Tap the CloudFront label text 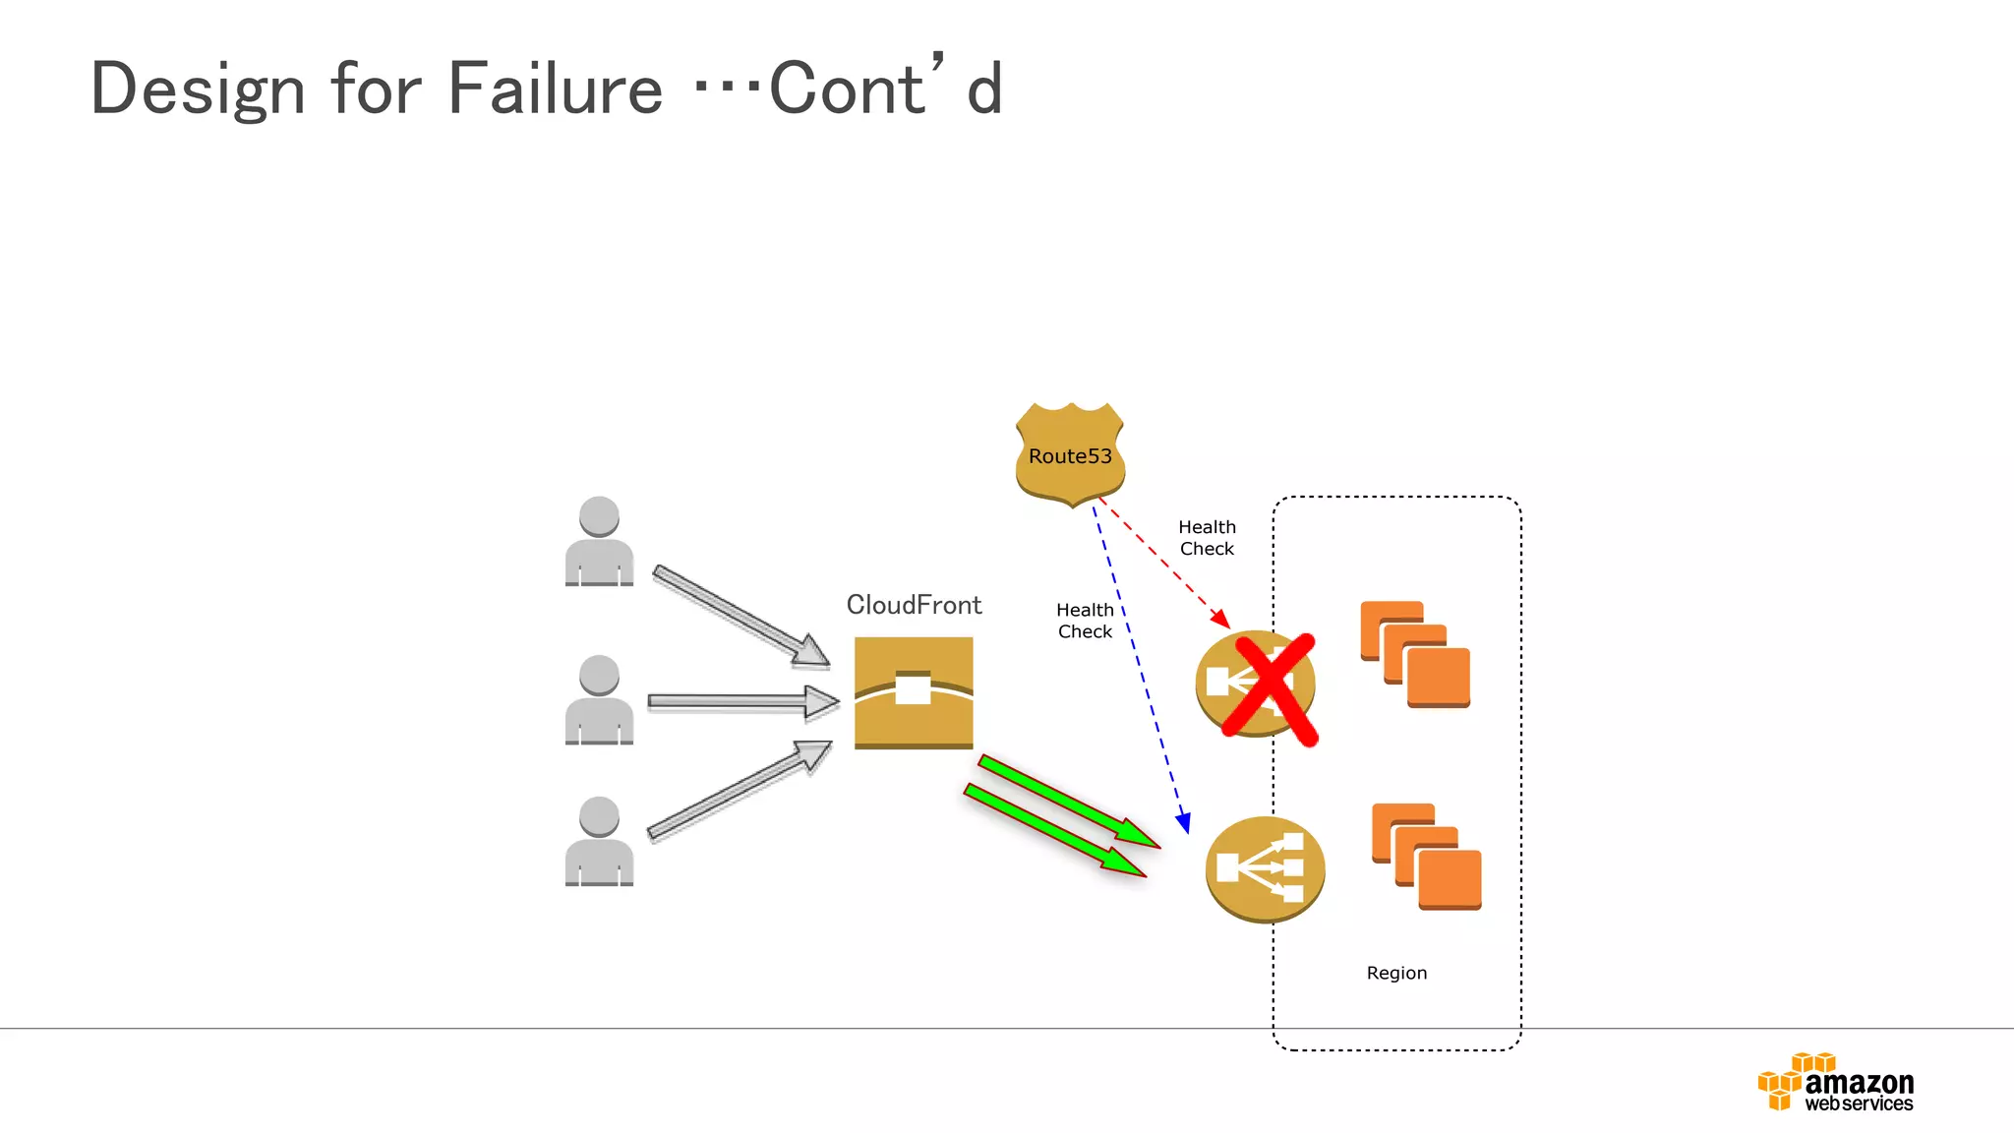pos(914,605)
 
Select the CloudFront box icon pos(914,692)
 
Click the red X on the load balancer pos(1270,689)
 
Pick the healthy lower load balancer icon pos(1265,868)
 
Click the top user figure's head pos(599,515)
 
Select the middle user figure pos(599,700)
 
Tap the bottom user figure pos(599,842)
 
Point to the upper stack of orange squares pos(1415,654)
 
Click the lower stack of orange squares pos(1426,857)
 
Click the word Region pos(1396,973)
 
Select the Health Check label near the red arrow pos(1207,538)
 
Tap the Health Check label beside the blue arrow pos(1085,621)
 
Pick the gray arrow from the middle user pos(742,701)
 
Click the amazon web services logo pos(1836,1083)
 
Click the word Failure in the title pos(556,89)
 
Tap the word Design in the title pos(198,89)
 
